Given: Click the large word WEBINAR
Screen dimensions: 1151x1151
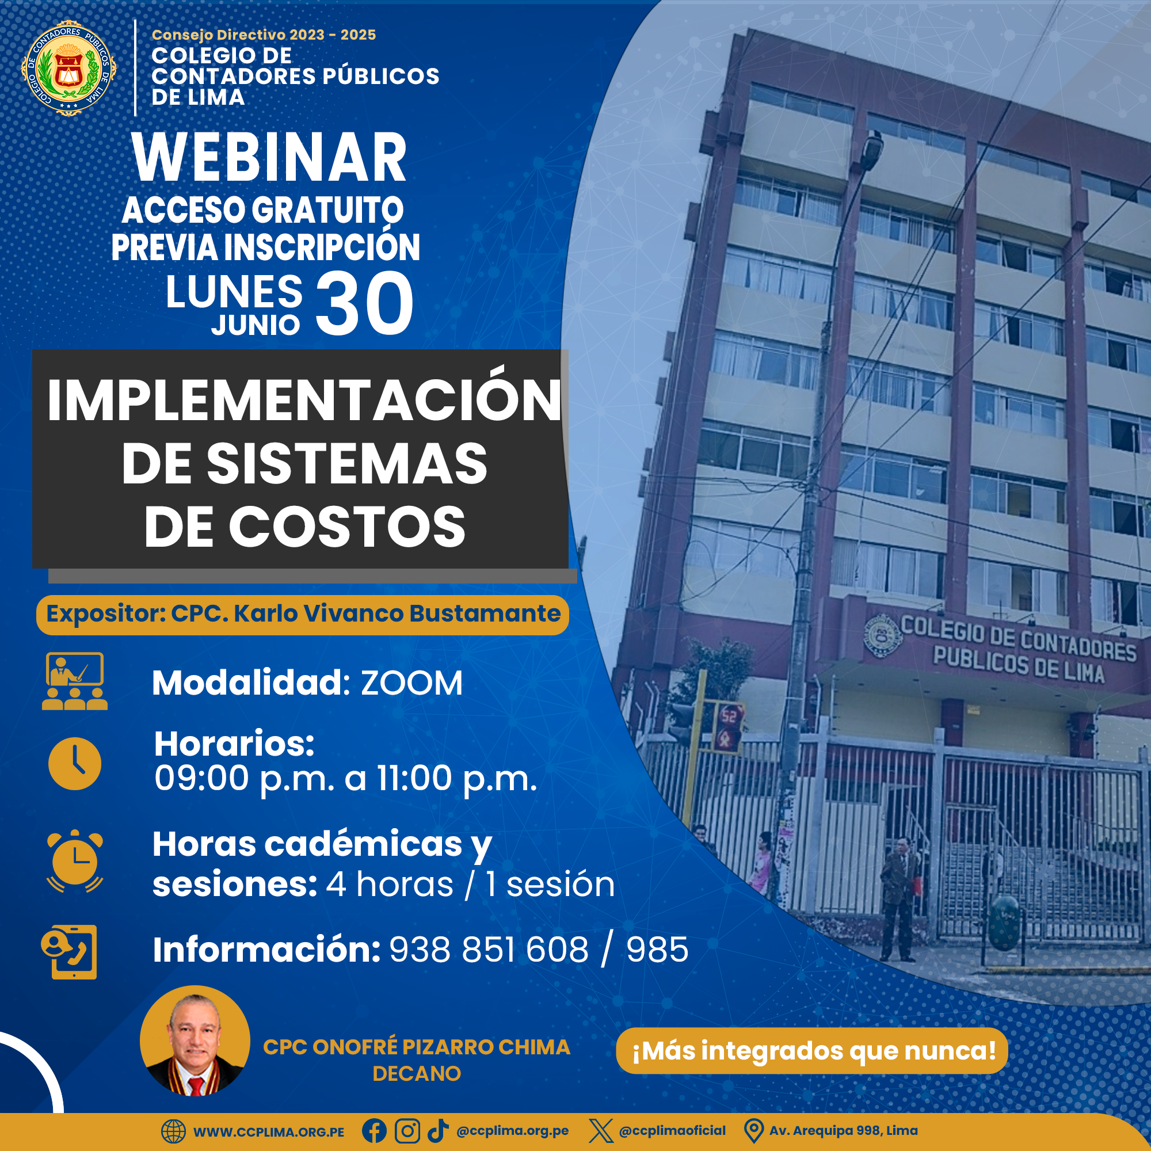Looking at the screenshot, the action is (269, 157).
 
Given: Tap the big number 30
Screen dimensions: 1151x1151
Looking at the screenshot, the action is (364, 303).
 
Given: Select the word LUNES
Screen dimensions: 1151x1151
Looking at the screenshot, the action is (234, 292).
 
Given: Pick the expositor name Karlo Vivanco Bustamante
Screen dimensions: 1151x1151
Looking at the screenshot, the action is (397, 613).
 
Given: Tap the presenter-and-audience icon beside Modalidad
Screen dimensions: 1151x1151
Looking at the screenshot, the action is (74, 681).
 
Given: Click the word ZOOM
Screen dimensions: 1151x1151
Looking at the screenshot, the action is (411, 683).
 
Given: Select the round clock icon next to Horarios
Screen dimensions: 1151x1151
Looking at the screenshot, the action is (75, 763).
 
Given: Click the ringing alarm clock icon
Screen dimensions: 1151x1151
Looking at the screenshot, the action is (75, 860).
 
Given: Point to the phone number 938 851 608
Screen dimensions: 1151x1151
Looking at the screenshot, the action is (489, 950).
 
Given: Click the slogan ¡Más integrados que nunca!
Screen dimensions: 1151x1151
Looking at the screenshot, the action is (814, 1051).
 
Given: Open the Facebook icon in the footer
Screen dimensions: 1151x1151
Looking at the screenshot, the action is (374, 1130).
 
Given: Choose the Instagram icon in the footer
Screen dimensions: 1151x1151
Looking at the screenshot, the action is (407, 1130).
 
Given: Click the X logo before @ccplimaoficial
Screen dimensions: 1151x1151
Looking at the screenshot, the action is (600, 1130).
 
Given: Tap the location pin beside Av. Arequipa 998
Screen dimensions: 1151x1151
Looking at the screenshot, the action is (754, 1131).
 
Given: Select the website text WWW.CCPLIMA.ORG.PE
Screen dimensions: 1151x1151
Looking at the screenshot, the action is (269, 1132).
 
